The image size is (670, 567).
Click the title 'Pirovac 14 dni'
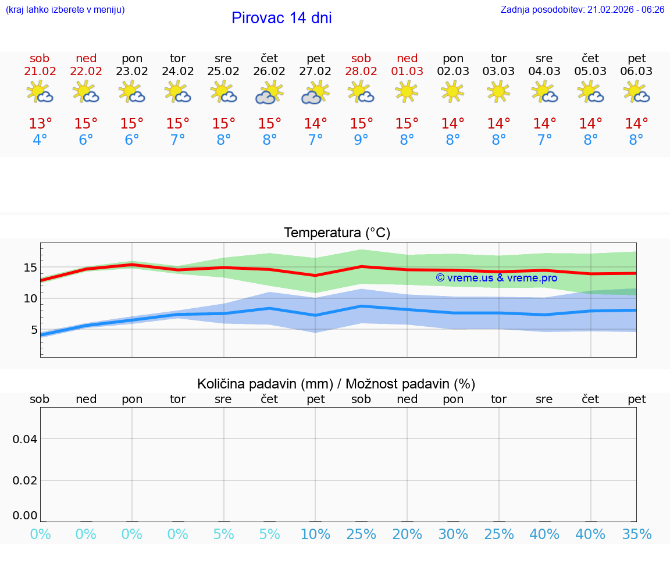click(x=281, y=18)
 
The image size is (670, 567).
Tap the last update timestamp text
click(x=582, y=10)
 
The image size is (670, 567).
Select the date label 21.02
click(x=40, y=72)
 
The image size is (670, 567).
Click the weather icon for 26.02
click(x=269, y=92)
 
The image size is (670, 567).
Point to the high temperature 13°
click(x=40, y=124)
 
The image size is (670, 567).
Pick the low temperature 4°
click(x=40, y=140)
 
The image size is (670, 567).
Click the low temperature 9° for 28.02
click(x=361, y=140)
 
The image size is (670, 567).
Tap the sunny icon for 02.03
click(x=452, y=91)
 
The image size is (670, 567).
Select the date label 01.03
click(x=407, y=72)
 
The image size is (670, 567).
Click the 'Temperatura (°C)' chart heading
click(x=337, y=233)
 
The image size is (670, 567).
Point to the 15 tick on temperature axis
click(x=31, y=268)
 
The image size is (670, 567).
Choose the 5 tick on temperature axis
click(x=34, y=330)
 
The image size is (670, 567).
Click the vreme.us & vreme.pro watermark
click(x=497, y=278)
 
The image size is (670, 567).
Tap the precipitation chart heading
click(x=336, y=384)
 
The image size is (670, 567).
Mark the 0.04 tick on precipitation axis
click(x=25, y=439)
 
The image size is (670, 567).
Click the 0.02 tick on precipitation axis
click(x=25, y=480)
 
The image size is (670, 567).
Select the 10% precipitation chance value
click(x=315, y=534)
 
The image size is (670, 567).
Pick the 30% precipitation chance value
click(x=453, y=534)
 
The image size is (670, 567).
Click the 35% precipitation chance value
click(x=637, y=534)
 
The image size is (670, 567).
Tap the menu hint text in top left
click(x=65, y=10)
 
